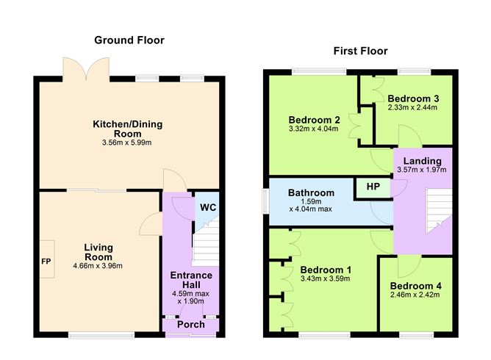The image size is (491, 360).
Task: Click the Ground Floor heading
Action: point(129,40)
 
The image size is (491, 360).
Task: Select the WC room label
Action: point(207,207)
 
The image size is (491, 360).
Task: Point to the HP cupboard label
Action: point(373,187)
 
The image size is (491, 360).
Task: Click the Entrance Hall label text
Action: point(192,280)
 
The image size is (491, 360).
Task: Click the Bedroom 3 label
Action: point(413,98)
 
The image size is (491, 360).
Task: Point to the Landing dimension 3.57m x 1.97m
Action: point(422,170)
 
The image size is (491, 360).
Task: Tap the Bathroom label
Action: point(311,193)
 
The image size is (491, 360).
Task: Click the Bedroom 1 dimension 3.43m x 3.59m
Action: point(325,278)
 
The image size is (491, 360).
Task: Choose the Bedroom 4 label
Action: point(415,286)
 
